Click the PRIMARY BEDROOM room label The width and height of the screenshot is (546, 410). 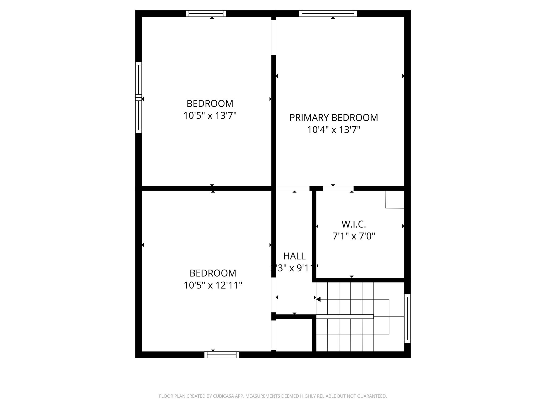tap(334, 118)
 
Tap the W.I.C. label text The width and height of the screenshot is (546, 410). tap(354, 224)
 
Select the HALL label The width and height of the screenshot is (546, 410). tap(294, 256)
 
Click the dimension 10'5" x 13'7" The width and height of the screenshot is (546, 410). tap(210, 116)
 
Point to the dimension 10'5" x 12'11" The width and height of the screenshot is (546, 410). tap(213, 285)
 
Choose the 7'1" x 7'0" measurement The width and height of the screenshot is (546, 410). tap(354, 236)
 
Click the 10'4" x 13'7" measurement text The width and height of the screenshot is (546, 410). tap(334, 130)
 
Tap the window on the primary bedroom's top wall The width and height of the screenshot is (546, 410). tap(328, 13)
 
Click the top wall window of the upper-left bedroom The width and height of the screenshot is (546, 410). tap(206, 13)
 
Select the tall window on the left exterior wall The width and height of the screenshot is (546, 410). tap(138, 97)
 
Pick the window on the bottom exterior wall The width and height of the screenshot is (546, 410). tap(222, 355)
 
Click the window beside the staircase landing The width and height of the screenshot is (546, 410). tap(407, 318)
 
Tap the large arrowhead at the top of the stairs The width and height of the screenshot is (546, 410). tap(318, 299)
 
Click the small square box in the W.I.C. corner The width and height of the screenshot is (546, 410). tap(395, 199)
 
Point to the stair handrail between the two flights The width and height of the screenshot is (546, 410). tap(344, 317)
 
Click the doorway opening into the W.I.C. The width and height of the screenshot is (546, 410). tap(338, 188)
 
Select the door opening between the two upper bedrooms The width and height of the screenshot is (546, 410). tap(274, 37)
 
